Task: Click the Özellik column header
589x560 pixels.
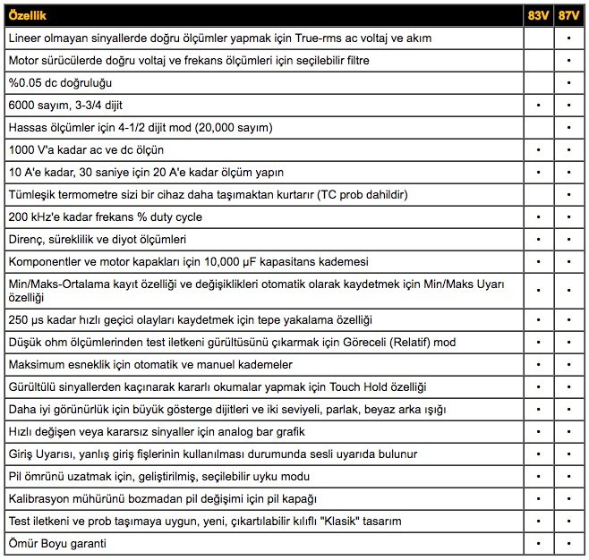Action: (28, 16)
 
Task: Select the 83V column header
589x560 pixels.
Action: (538, 16)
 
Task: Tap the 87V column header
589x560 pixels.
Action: (568, 16)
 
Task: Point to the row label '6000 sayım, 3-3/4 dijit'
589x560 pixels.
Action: (65, 105)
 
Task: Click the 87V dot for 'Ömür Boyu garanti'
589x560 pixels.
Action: (568, 543)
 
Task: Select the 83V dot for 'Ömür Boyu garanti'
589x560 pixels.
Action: (538, 543)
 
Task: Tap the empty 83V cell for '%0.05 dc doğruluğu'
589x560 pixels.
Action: (538, 82)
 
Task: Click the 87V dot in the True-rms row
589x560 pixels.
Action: (568, 38)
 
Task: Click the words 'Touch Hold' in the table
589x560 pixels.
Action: (359, 386)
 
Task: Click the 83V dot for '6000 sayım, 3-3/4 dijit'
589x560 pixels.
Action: (538, 105)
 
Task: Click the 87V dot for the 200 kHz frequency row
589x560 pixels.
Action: (568, 216)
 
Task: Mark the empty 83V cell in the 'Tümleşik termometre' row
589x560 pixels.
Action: (538, 194)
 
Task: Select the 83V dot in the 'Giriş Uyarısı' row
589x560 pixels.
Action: (538, 454)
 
